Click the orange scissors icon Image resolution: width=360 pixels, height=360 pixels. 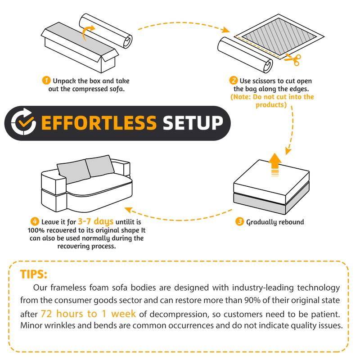(293, 59)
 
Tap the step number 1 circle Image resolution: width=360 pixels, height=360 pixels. (46, 81)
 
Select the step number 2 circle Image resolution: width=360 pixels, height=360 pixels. (233, 81)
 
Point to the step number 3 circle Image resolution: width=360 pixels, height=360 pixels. (239, 221)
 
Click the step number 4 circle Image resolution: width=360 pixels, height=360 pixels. (35, 221)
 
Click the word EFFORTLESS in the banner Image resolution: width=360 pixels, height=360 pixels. (99, 123)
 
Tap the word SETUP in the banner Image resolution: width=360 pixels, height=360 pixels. (193, 123)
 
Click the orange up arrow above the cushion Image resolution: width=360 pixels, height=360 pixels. (275, 164)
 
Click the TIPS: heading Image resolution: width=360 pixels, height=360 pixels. (33, 274)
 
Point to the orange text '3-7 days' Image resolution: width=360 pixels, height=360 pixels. (95, 221)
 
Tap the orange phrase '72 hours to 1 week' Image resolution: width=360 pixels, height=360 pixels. (88, 314)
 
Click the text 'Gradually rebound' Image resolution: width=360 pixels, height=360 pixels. (275, 222)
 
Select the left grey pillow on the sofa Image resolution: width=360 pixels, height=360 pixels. (73, 171)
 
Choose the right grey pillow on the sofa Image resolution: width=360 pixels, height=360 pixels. (99, 166)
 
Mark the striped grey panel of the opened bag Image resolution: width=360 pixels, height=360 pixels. (279, 36)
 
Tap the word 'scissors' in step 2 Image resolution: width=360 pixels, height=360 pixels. (264, 81)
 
